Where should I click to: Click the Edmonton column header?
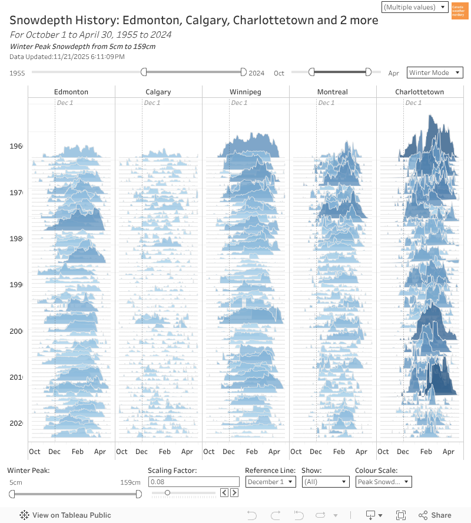pyautogui.click(x=71, y=92)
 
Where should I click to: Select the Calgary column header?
pyautogui.click(x=158, y=92)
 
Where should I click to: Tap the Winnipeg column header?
pyautogui.click(x=246, y=92)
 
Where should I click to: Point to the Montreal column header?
pyautogui.click(x=333, y=92)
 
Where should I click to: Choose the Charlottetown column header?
pyautogui.click(x=419, y=92)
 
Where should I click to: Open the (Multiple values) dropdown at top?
pyautogui.click(x=416, y=7)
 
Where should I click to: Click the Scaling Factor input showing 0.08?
pyautogui.click(x=193, y=482)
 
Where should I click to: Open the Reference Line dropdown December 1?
pyautogui.click(x=270, y=482)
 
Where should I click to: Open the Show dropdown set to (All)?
pyautogui.click(x=326, y=482)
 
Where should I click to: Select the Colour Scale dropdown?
pyautogui.click(x=383, y=482)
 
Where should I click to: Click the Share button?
pyautogui.click(x=435, y=515)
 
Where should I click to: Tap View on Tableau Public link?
pyautogui.click(x=65, y=515)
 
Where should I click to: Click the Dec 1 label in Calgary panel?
pyautogui.click(x=152, y=103)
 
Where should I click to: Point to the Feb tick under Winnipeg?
pyautogui.click(x=252, y=452)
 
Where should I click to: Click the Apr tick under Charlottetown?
pyautogui.click(x=449, y=452)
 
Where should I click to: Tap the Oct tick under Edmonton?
pyautogui.click(x=35, y=452)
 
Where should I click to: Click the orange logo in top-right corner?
pyautogui.click(x=460, y=11)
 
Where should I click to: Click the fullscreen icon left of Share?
pyautogui.click(x=401, y=515)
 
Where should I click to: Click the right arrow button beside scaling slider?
pyautogui.click(x=234, y=493)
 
